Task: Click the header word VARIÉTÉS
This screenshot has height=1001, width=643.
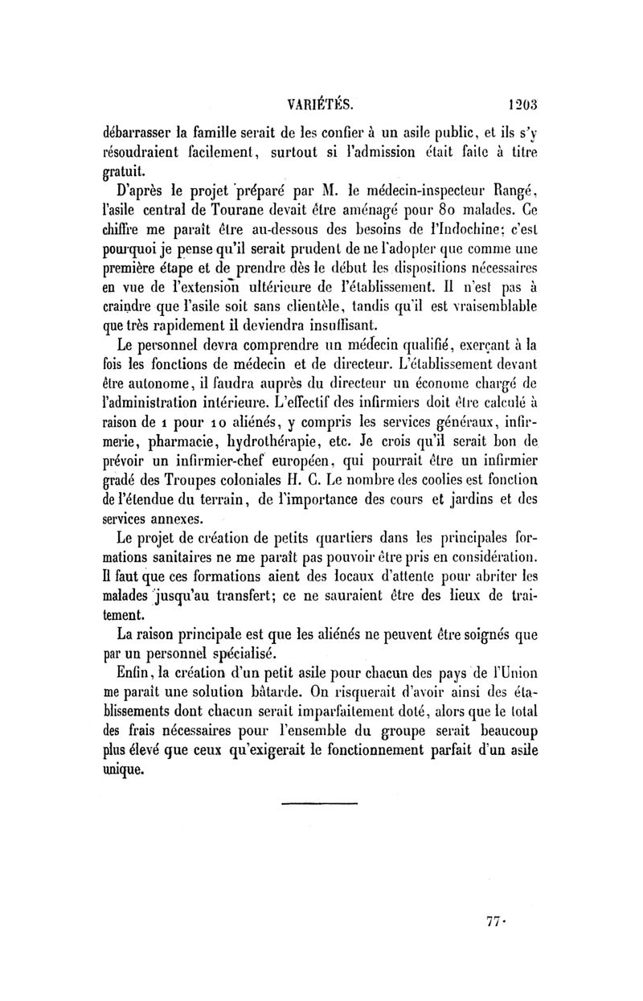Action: pos(321,104)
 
